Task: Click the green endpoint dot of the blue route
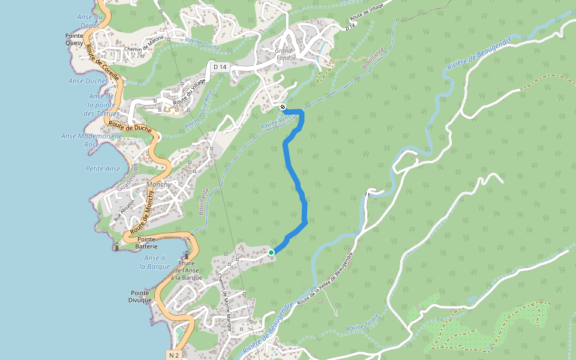pyautogui.click(x=271, y=253)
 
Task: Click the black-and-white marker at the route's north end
pyautogui.click(x=283, y=107)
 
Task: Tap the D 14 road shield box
pyautogui.click(x=219, y=65)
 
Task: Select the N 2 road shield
pyautogui.click(x=174, y=355)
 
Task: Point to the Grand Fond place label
pyautogui.click(x=284, y=55)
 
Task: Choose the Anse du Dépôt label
pyautogui.click(x=88, y=21)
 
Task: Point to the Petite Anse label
pyautogui.click(x=103, y=169)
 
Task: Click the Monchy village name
pyautogui.click(x=158, y=185)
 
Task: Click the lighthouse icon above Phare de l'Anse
pyautogui.click(x=187, y=255)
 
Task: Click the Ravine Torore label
pyautogui.click(x=363, y=323)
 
